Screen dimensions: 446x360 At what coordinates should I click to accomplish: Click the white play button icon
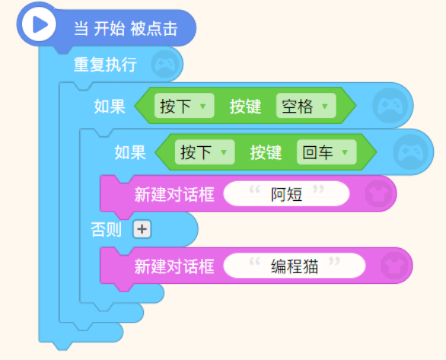tap(39, 24)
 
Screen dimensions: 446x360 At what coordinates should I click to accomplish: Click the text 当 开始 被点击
tap(126, 29)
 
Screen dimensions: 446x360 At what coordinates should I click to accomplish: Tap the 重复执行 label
tap(105, 65)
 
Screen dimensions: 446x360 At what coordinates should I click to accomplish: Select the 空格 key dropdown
tap(306, 106)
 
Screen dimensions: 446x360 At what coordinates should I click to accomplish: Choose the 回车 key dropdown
tap(327, 152)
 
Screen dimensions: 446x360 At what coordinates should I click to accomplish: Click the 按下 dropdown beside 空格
tap(184, 106)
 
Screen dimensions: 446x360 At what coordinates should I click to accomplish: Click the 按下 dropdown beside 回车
tap(205, 152)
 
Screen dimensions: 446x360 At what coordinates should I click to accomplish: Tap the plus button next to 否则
tap(142, 229)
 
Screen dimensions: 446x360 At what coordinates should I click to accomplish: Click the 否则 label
tap(106, 230)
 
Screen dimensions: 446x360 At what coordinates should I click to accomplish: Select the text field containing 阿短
tap(286, 194)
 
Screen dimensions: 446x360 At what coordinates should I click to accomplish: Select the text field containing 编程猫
tap(295, 266)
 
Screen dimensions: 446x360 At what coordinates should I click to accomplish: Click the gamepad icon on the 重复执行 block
tap(165, 65)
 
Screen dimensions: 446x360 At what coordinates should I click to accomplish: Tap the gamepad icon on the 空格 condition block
tap(390, 106)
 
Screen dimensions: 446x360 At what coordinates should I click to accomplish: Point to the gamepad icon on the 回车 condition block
tap(411, 152)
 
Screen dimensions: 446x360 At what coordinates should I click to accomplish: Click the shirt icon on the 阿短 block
tap(378, 193)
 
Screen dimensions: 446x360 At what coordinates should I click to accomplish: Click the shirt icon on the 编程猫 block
tap(394, 266)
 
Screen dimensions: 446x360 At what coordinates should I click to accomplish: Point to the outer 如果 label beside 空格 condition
tap(110, 107)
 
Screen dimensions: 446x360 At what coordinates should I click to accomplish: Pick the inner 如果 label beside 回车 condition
tap(130, 152)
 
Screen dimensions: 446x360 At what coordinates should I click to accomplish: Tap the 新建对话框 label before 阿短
tap(174, 194)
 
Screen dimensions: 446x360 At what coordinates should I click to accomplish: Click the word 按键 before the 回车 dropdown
tap(266, 152)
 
